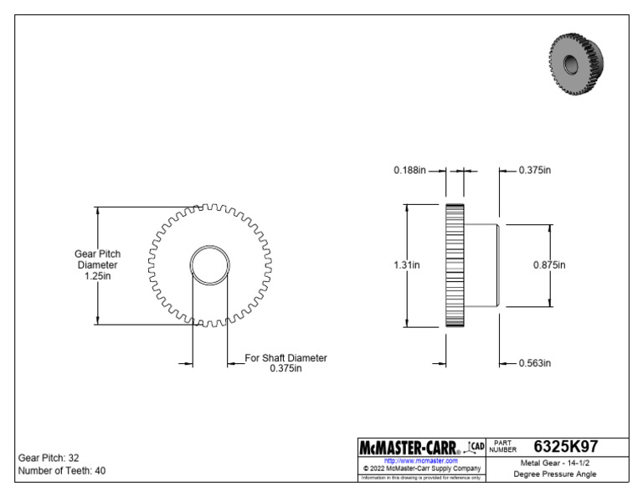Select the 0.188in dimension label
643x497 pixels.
click(x=410, y=170)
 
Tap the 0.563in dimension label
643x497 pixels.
click(x=535, y=363)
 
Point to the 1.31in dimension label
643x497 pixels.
click(x=407, y=265)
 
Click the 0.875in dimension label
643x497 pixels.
click(x=549, y=265)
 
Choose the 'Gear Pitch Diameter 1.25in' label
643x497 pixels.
click(x=99, y=264)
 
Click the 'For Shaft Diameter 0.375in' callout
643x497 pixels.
click(x=285, y=363)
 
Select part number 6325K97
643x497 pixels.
click(x=565, y=447)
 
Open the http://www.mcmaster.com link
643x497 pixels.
click(x=420, y=461)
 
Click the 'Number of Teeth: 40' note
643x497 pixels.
click(x=62, y=470)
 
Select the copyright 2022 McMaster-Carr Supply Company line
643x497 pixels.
click(x=420, y=469)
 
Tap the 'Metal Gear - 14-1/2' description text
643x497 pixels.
click(x=554, y=462)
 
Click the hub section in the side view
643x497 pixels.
click(x=483, y=265)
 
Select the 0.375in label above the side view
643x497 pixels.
click(x=535, y=170)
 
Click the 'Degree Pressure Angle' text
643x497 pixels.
click(x=554, y=474)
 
